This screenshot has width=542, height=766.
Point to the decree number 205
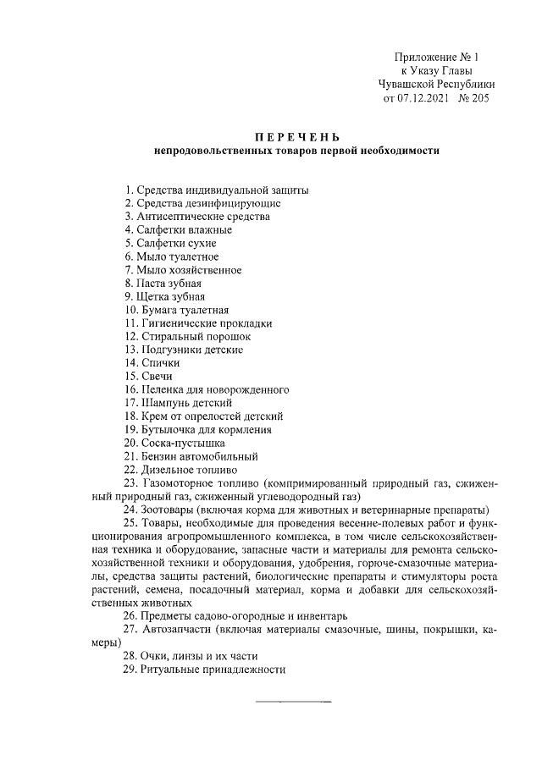(478, 99)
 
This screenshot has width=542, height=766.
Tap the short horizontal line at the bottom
(294, 703)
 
